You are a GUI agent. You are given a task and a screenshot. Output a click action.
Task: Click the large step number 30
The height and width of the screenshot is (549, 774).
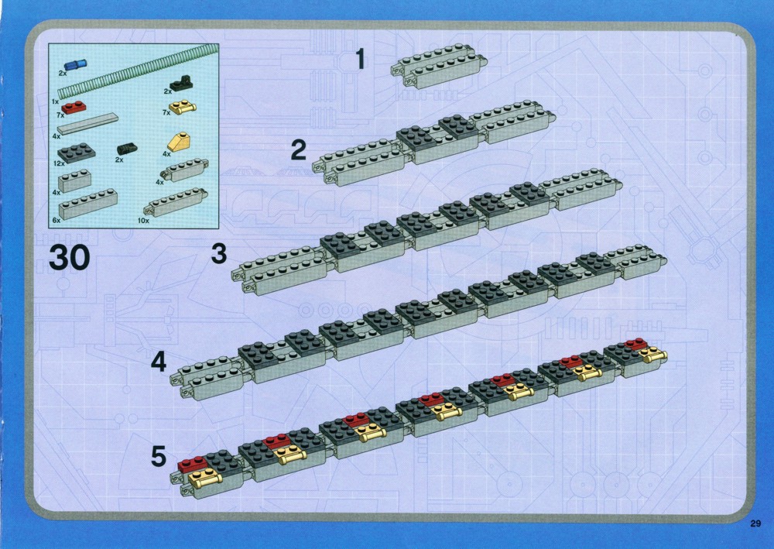point(69,258)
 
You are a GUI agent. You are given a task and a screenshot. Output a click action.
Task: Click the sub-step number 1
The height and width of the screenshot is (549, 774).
point(361,59)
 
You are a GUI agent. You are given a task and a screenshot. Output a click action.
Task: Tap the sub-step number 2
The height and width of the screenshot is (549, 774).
point(298,150)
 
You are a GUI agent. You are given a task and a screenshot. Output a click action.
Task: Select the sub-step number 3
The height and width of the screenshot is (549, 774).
point(219,254)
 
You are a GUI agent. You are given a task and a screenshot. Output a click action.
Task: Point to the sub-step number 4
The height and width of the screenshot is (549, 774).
point(159,362)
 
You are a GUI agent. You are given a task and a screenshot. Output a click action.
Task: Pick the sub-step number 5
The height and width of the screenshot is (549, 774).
point(159,456)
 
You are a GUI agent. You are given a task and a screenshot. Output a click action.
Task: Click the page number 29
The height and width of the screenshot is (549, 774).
point(755,523)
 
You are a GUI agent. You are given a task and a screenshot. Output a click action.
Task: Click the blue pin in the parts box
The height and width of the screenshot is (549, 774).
point(75,65)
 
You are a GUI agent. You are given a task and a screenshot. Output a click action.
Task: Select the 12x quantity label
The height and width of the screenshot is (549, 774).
point(59,163)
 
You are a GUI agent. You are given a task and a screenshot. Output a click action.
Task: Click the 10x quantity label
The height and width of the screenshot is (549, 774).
point(143,221)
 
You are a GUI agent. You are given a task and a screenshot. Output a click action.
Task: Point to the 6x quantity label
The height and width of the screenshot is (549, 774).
point(57,220)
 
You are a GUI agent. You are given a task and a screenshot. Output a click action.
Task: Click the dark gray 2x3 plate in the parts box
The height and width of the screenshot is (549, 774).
point(77,153)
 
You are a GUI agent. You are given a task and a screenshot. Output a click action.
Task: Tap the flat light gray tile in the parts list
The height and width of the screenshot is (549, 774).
point(88,123)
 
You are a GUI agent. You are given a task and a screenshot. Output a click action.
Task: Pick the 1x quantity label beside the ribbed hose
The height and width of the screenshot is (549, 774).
point(55,101)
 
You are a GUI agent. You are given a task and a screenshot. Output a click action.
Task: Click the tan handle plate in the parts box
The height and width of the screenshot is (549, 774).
point(183,106)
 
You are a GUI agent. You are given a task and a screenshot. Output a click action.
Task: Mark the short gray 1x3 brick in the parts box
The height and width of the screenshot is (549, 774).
point(74,181)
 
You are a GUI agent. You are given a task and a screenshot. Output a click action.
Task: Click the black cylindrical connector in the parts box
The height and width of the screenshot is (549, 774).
point(127,148)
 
